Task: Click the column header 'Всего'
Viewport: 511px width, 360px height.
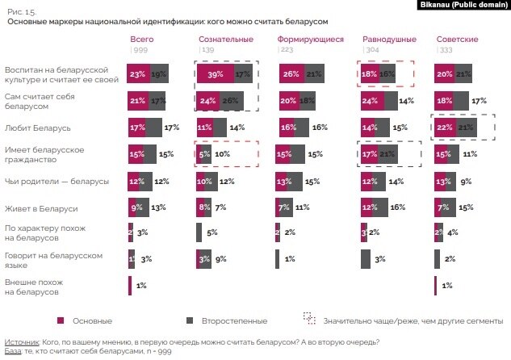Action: [x=142, y=39]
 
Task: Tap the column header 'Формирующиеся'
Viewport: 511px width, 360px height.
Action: [x=310, y=39]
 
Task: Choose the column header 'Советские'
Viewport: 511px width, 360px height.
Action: [x=458, y=39]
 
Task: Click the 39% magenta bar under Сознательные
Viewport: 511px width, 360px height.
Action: [x=215, y=74]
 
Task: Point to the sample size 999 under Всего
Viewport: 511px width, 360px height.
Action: [x=140, y=50]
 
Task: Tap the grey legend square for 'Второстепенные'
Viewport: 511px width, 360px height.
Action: [x=187, y=320]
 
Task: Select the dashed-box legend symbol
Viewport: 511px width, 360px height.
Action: [x=308, y=320]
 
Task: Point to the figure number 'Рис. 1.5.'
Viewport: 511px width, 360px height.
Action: [x=21, y=13]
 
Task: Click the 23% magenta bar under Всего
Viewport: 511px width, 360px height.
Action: [x=138, y=74]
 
